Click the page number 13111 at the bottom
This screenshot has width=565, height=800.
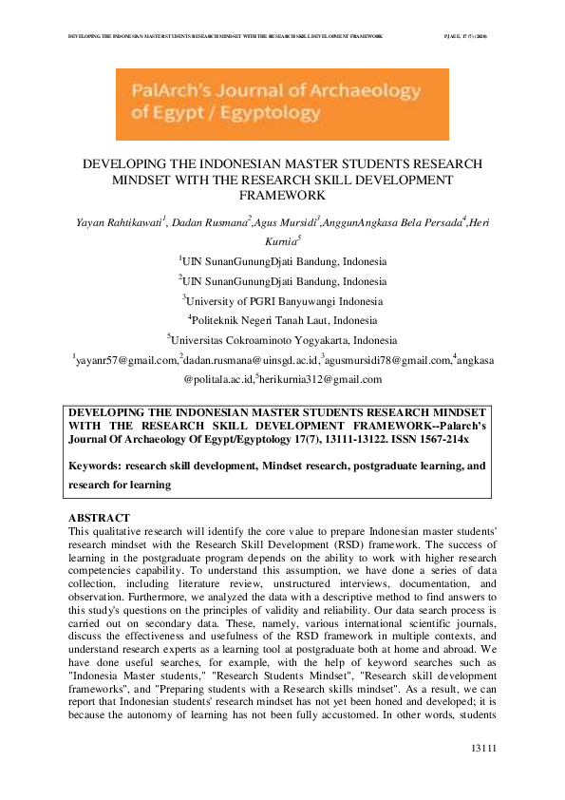click(x=484, y=751)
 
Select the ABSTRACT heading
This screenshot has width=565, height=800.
click(x=94, y=519)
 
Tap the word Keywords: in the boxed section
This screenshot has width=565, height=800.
click(x=97, y=467)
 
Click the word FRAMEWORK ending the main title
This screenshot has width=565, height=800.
click(x=282, y=195)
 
